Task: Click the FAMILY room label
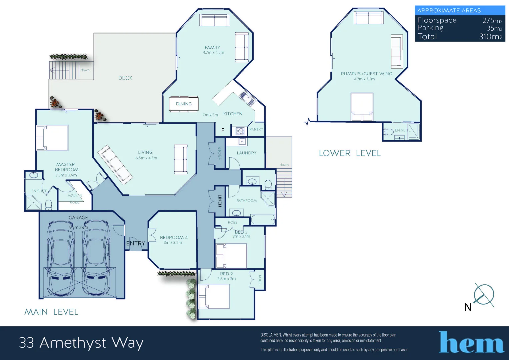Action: (x=212, y=48)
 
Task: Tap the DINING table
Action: (x=184, y=104)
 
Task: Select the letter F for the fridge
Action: (x=223, y=130)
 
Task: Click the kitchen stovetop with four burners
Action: (x=240, y=131)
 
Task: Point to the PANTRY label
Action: (x=256, y=129)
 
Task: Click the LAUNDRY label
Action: (x=247, y=153)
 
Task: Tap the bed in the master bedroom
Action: (x=53, y=138)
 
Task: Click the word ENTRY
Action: (x=136, y=243)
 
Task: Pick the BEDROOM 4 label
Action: (x=174, y=237)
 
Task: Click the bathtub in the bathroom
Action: (x=263, y=220)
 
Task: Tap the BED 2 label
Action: (x=226, y=274)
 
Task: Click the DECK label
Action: (x=125, y=78)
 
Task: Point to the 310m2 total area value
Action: (x=490, y=37)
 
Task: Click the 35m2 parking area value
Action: (x=494, y=28)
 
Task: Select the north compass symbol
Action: (x=484, y=295)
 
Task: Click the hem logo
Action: (x=471, y=342)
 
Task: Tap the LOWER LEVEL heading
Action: (x=350, y=153)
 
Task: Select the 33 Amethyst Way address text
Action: (x=81, y=343)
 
